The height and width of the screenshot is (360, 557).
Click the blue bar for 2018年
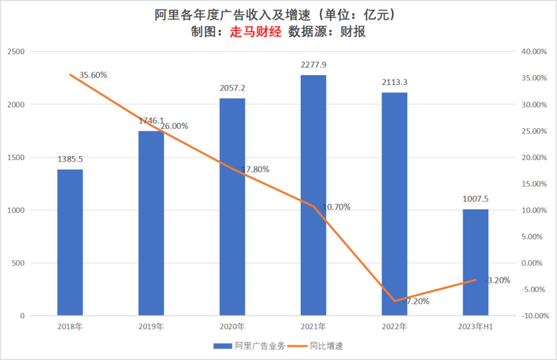coord(70,242)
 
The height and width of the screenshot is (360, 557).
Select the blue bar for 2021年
coord(313,195)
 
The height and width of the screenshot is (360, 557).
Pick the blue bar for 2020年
coord(232,207)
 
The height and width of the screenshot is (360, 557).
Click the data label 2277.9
coord(313,65)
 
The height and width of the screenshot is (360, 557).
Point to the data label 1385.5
coord(70,159)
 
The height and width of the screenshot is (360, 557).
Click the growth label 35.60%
coord(93,75)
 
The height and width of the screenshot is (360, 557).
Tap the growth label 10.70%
coord(336,207)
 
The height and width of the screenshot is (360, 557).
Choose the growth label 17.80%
coord(256,169)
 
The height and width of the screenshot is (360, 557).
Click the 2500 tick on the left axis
coord(16,52)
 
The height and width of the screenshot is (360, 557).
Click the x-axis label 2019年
coord(151,327)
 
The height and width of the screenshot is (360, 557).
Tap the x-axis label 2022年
coord(394,327)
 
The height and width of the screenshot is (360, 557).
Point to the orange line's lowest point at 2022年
coord(395,301)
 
